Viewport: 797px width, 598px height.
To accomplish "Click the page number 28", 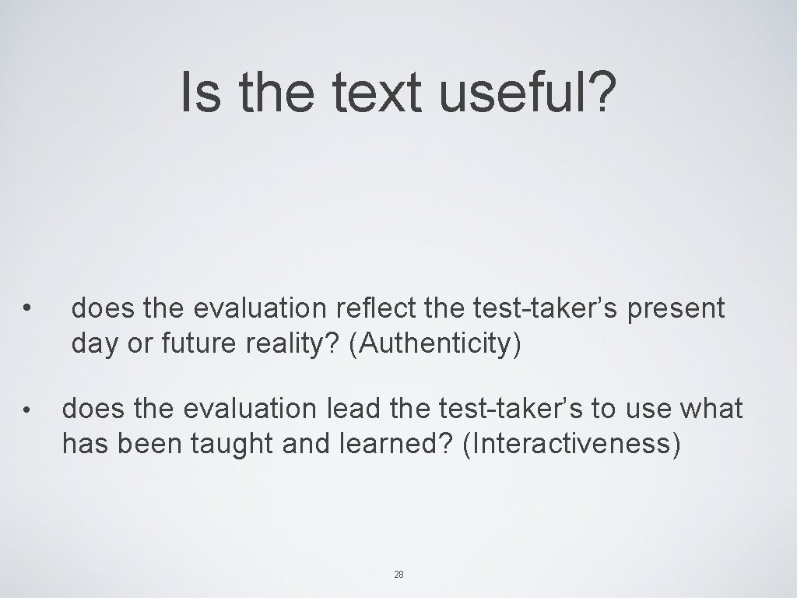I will (398, 575).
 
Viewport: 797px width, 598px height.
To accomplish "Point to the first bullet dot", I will (27, 309).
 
